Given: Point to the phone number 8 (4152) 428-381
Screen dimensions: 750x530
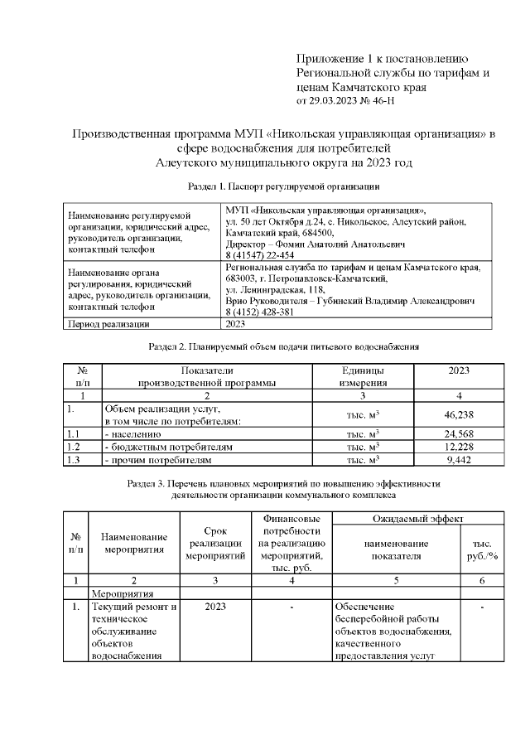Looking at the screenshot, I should click(x=267, y=313).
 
